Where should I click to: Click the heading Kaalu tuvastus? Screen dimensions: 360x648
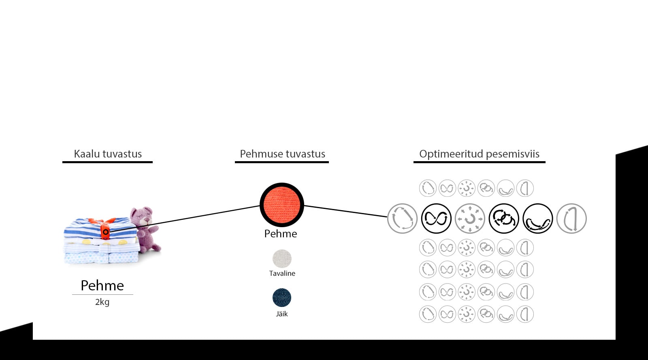[108, 154]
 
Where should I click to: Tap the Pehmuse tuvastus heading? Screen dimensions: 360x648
[282, 154]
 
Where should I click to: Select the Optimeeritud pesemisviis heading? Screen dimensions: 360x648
[479, 154]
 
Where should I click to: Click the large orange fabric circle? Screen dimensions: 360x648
[282, 205]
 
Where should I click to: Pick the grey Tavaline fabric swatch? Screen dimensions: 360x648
[282, 259]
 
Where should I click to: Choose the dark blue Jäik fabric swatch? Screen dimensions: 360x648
[282, 298]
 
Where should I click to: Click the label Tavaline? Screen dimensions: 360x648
[282, 273]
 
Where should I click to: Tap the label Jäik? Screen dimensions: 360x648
[282, 314]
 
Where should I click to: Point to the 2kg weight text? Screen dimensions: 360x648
[102, 302]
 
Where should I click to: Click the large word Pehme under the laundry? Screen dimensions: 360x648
[102, 285]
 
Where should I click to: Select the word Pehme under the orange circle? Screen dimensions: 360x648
[280, 234]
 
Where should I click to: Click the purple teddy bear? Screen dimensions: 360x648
[145, 229]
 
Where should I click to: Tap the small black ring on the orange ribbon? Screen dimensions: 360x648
[105, 232]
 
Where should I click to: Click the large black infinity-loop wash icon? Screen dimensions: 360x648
[436, 219]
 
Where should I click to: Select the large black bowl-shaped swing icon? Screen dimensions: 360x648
[538, 219]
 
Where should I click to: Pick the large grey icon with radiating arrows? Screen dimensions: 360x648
[470, 219]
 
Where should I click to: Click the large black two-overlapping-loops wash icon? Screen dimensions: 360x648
[504, 219]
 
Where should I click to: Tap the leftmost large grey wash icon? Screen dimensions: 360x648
[402, 219]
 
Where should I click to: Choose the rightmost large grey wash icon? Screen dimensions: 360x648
[571, 219]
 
